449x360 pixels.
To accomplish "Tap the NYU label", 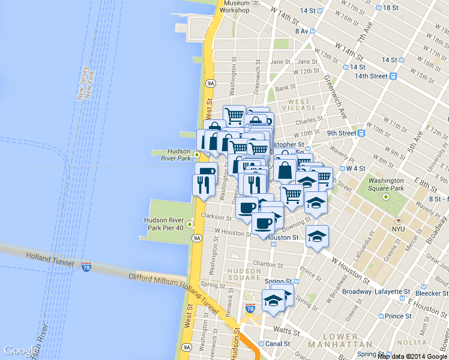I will point(398,229).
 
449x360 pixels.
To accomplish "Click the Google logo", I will point(20,350).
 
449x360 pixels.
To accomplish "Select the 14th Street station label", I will point(370,76).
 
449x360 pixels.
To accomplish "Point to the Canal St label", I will point(278,344).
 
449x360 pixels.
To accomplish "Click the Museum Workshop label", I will point(234,7).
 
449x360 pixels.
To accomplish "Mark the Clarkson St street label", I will point(217,217).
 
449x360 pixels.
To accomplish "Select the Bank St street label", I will point(282,88).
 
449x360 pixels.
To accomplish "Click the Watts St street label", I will point(285,331).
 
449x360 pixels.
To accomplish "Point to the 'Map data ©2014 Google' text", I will point(412,356).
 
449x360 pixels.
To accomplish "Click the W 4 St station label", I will point(354,169).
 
